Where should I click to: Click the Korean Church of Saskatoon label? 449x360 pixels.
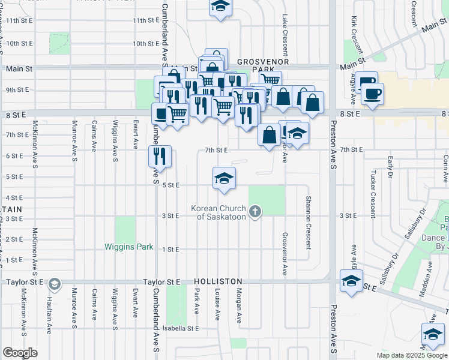(x=218, y=212)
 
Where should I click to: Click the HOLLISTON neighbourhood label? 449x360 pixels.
(x=218, y=281)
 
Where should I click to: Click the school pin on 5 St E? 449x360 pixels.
(x=224, y=179)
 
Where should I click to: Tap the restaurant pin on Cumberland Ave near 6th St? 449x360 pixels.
(x=160, y=157)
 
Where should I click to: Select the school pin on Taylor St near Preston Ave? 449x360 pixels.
(x=351, y=281)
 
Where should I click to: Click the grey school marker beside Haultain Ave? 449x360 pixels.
(x=54, y=283)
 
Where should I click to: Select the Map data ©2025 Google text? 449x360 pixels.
(x=411, y=355)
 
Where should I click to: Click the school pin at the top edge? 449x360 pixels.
(x=220, y=7)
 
